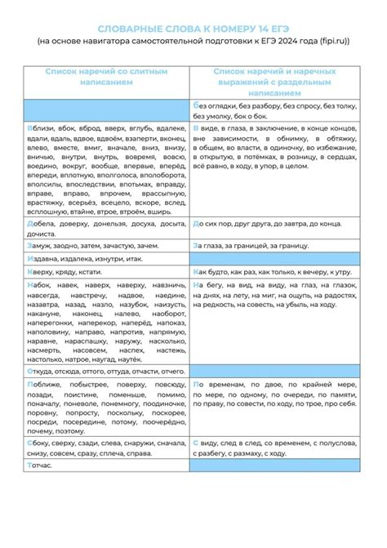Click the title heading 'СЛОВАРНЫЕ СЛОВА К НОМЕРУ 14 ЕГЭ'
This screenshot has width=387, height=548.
[x=193, y=27]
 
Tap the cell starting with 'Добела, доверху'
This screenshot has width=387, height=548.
[x=107, y=227]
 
